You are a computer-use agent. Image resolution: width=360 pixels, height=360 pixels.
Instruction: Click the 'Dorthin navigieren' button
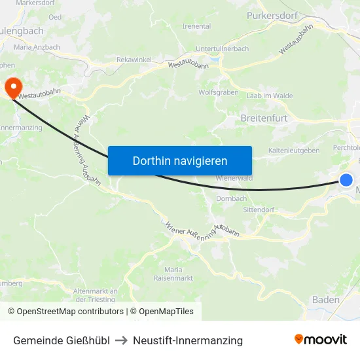point(180,160)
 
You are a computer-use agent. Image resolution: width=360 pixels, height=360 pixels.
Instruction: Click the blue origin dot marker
point(346,180)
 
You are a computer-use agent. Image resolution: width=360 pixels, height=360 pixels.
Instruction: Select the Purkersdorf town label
point(273,14)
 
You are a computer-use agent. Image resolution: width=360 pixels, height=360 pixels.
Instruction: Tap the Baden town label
point(326,300)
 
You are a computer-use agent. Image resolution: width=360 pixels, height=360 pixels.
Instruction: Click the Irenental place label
point(196,26)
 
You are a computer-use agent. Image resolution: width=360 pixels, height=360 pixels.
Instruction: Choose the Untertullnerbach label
point(222,49)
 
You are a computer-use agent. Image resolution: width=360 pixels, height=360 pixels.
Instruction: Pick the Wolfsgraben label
point(218,92)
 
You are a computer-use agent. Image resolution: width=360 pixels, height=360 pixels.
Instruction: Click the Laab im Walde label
point(269,96)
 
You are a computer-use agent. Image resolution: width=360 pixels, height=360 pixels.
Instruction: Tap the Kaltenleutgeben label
point(294,151)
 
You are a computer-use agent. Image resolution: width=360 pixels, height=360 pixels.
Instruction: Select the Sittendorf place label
point(258,211)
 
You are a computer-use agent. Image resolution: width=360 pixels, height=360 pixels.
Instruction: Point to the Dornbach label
point(231,198)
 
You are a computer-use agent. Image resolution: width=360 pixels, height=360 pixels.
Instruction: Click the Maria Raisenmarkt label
point(178,274)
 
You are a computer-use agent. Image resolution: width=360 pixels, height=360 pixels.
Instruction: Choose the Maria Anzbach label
point(37,47)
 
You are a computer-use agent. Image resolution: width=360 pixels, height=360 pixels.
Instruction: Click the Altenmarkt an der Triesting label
point(95,295)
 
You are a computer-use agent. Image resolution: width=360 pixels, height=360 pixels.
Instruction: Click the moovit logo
point(321,340)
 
